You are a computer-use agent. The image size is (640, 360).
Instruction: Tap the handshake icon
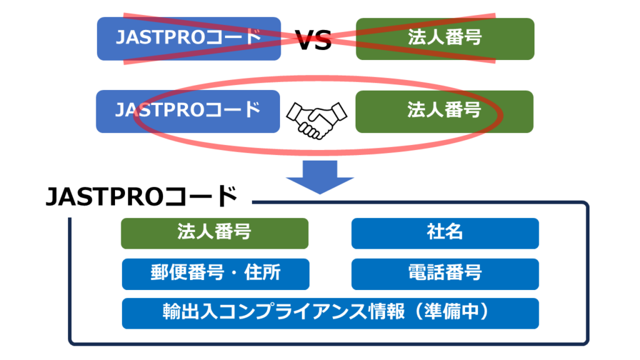pyautogui.click(x=316, y=119)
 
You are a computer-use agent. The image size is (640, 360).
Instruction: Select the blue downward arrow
pyautogui.click(x=320, y=176)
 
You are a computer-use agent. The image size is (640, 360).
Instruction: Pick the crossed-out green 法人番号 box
pyautogui.click(x=445, y=39)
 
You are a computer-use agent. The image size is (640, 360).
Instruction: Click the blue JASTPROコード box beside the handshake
pyautogui.click(x=187, y=111)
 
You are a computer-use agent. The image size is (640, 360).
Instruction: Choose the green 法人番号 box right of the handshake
pyautogui.click(x=444, y=111)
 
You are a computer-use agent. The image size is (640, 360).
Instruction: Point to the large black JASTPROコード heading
pyautogui.click(x=142, y=197)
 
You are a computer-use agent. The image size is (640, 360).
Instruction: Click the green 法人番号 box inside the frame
pyautogui.click(x=214, y=233)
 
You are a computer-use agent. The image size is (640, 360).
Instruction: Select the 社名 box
pyautogui.click(x=445, y=233)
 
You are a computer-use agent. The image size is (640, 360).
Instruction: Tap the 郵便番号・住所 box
pyautogui.click(x=215, y=274)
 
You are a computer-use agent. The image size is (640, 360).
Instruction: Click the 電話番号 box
pyautogui.click(x=445, y=274)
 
